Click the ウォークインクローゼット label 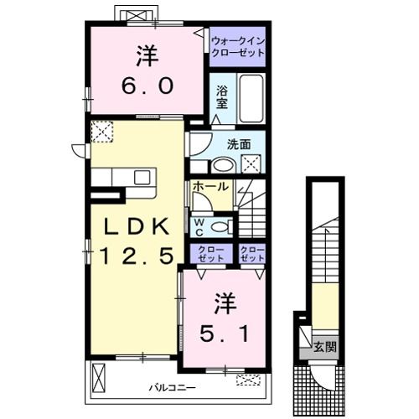pos(238,47)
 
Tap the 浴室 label pos(222,97)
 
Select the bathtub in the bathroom pos(251,98)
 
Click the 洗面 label pos(239,144)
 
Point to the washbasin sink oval pos(223,166)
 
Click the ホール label pos(211,186)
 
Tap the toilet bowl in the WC pos(220,227)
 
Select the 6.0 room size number pos(147,85)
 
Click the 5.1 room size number pos(224,334)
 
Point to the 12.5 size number pos(136,256)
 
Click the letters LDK pos(136,226)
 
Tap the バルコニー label pos(172,387)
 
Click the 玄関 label pos(325,347)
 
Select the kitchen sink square pos(142,178)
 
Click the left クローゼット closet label pos(211,254)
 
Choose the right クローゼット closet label pos(252,254)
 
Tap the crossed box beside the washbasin pos(251,164)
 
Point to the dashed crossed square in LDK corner pos(102,132)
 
